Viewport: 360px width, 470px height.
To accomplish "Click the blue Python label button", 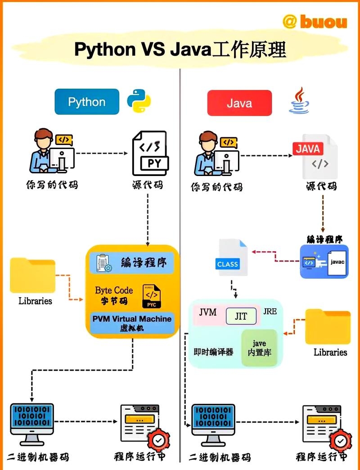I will pos(87,102).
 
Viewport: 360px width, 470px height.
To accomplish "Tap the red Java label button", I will pos(239,103).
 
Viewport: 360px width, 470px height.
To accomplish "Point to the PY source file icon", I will pos(149,154).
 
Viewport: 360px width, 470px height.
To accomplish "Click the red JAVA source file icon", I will pos(315,155).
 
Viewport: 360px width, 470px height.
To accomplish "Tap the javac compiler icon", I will pos(324,262).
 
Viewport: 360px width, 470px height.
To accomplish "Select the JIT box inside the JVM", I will pos(241,316).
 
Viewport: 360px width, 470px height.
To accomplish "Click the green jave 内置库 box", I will pos(259,348).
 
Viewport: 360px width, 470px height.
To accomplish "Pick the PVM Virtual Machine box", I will pos(132,323).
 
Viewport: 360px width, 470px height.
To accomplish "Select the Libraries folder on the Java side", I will pos(328,327).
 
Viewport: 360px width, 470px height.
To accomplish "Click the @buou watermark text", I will pos(315,21).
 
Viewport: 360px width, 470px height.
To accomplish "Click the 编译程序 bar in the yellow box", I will pos(132,262).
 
